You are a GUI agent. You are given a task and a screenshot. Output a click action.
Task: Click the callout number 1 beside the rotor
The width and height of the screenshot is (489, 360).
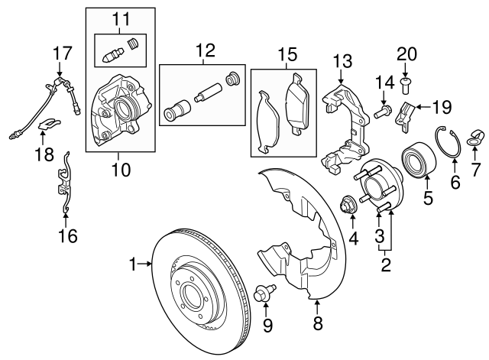click(134, 264)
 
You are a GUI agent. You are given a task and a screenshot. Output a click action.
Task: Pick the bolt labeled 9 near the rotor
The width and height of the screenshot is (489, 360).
click(265, 292)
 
